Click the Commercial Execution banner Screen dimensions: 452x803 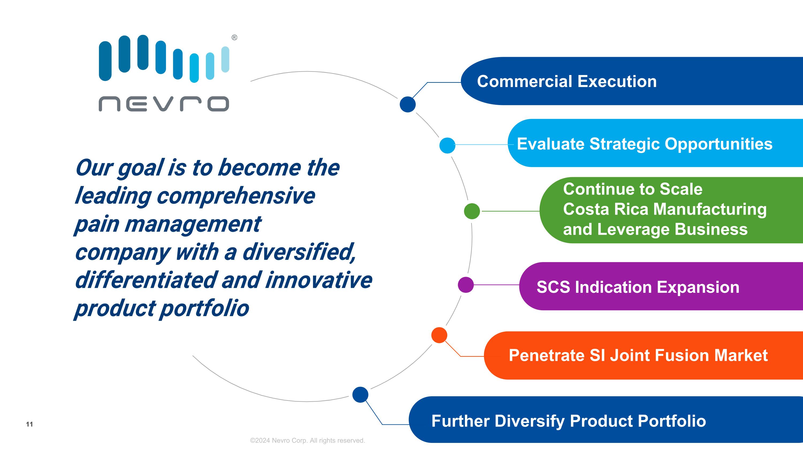(567, 81)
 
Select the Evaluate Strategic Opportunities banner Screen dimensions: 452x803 (644, 144)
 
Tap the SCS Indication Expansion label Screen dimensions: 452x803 (638, 287)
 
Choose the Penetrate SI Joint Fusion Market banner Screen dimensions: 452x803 (638, 355)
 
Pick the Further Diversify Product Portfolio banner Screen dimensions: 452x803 (569, 421)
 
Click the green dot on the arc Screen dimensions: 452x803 (472, 211)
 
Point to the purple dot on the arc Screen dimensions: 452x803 (466, 285)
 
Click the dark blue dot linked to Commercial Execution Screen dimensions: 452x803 (408, 104)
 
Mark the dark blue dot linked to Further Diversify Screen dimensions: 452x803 (360, 395)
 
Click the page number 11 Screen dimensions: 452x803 (29, 424)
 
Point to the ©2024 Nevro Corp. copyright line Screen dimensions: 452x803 (307, 440)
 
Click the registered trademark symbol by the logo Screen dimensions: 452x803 (234, 38)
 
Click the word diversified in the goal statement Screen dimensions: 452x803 (299, 252)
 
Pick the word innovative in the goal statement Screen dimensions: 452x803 (319, 280)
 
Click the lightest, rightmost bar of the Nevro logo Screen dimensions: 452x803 (225, 59)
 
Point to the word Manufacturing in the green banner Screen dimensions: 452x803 (710, 209)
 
